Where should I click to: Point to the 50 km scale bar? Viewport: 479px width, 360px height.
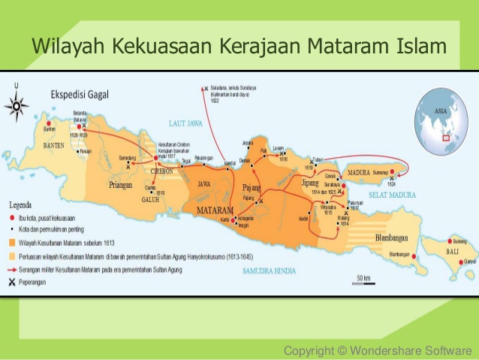click(x=363, y=280)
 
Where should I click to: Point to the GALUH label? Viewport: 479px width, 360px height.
click(x=150, y=200)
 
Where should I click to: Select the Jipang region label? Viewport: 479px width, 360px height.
click(x=309, y=183)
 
